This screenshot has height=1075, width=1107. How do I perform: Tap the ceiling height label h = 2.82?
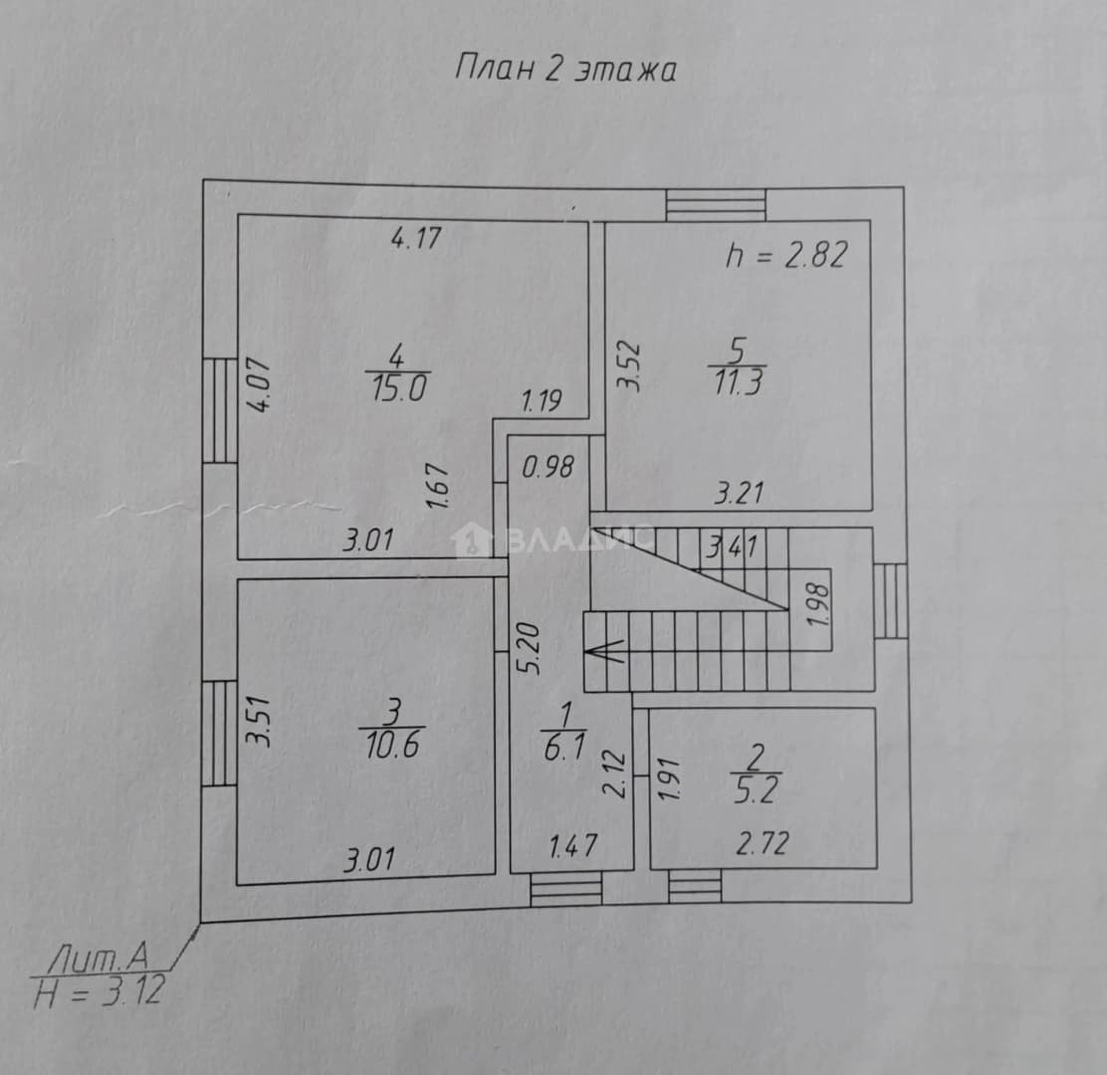786,255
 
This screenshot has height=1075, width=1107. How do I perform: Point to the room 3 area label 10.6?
392,745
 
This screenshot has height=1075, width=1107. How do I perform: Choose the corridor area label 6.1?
564,748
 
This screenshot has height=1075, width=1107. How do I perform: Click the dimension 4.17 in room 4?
416,238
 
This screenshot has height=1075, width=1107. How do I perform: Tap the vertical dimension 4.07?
260,384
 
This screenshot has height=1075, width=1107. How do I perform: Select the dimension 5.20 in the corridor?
531,649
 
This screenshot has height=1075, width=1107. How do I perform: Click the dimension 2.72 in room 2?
763,843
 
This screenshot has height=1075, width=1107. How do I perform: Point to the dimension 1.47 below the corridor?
573,846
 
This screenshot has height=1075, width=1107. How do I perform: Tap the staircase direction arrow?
605,650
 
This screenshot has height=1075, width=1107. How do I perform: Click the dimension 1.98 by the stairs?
819,606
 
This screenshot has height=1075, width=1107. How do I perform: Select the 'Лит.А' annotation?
99,958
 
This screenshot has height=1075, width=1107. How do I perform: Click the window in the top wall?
716,205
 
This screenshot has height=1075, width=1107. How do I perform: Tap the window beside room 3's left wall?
219,733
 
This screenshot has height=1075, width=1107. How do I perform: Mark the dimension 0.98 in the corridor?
548,467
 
